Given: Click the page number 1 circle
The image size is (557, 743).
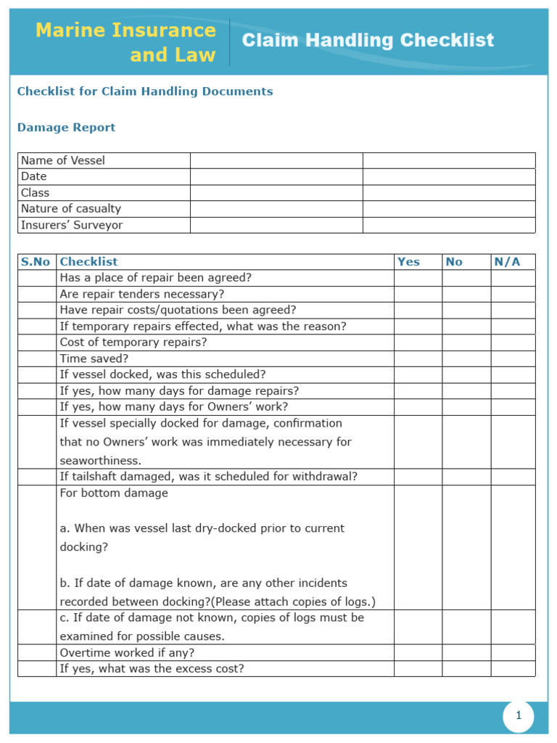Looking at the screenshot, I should click(x=519, y=716).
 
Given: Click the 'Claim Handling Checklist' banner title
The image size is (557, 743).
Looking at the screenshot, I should click(x=368, y=40).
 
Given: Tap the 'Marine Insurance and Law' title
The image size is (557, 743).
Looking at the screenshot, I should click(x=125, y=42).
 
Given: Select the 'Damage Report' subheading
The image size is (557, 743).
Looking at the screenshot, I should click(x=66, y=128).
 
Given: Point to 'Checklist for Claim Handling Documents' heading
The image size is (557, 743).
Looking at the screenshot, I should click(x=145, y=91).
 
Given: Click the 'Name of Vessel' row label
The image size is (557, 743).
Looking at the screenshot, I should click(x=63, y=160).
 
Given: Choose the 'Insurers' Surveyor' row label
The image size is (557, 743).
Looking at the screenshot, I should click(x=72, y=225).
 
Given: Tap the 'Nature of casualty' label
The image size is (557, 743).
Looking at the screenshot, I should click(x=71, y=209).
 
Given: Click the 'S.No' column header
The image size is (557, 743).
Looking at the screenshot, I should click(x=36, y=262).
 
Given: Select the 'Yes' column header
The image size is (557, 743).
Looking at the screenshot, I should click(x=408, y=262).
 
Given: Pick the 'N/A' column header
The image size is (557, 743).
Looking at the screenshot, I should click(x=507, y=262).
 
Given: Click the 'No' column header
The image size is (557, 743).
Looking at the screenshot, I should click(x=454, y=262).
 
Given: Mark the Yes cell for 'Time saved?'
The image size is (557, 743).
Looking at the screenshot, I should click(x=418, y=358).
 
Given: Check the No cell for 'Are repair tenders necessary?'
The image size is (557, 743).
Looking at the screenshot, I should click(x=466, y=294).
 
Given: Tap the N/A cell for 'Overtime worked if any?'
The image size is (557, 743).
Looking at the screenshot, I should click(x=513, y=652).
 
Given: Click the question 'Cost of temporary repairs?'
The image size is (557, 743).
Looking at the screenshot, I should click(x=133, y=342).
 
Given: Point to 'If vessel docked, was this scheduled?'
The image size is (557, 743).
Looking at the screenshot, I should click(x=162, y=374).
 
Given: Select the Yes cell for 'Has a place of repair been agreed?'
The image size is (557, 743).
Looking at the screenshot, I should click(x=418, y=278).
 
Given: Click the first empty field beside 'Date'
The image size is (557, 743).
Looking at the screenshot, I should click(x=276, y=176).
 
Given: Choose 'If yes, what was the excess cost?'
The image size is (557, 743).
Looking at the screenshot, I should click(x=152, y=668).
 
